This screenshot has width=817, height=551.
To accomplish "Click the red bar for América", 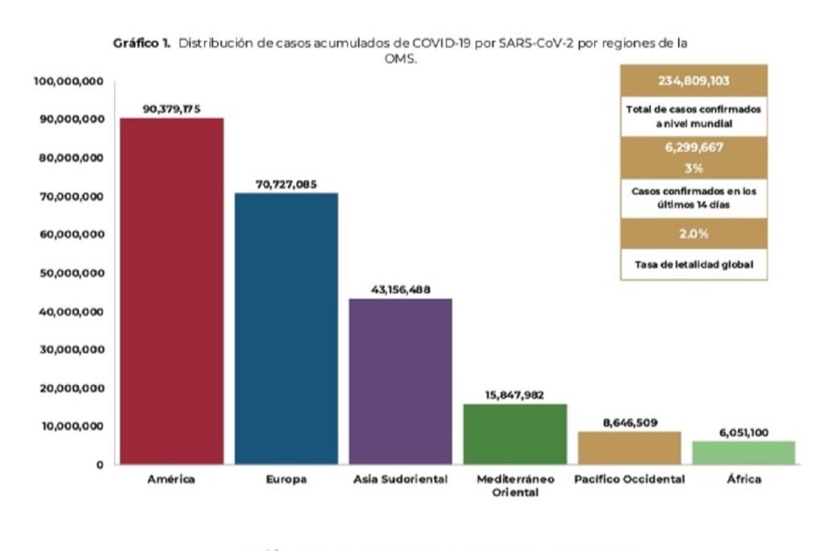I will [172, 291].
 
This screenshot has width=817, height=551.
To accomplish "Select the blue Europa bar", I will [286, 328].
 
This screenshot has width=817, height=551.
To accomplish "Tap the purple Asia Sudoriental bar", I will [401, 381].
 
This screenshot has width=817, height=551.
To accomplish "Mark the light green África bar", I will [744, 453].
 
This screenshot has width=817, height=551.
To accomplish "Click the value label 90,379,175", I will [172, 109].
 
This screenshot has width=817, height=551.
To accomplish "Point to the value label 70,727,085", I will [286, 184].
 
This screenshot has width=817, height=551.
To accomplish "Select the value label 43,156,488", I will [401, 290].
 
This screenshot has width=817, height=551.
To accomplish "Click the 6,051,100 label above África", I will [744, 432].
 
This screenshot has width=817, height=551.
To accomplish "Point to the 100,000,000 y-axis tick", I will [67, 81].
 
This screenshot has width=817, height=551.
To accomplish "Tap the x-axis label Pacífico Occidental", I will [630, 479].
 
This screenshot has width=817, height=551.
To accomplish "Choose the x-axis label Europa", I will [286, 480].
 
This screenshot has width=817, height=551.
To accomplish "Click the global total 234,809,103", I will [693, 81].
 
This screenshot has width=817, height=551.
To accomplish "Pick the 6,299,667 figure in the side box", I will [693, 149].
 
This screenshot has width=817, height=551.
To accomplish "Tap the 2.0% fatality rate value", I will [693, 234].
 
